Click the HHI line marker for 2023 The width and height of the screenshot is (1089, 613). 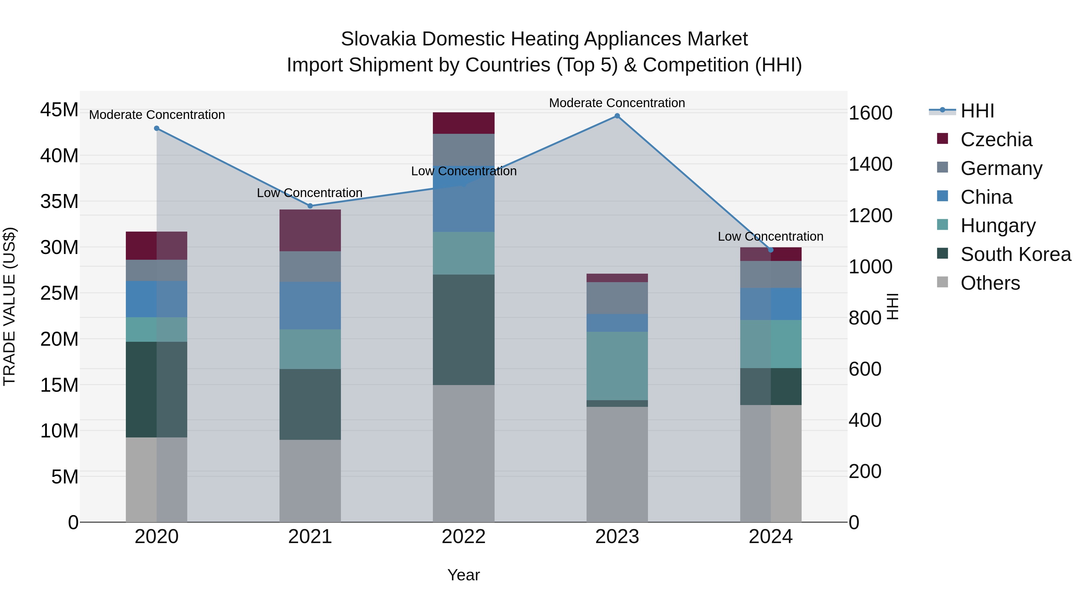coord(617,116)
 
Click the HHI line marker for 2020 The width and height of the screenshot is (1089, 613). coord(157,128)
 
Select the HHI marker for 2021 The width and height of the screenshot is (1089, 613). coord(310,206)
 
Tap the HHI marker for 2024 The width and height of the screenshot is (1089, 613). coord(771,250)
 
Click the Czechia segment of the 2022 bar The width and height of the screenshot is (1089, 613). coord(463,123)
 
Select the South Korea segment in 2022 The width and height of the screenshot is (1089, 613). coord(463,330)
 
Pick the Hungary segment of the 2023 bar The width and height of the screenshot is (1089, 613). coord(617,366)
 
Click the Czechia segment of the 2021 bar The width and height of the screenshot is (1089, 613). coord(310,231)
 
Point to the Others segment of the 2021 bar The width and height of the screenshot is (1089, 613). coord(310,481)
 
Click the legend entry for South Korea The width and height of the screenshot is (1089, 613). coord(1015,254)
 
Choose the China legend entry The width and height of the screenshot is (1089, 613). coord(986,197)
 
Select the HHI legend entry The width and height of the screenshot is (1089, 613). coord(977,111)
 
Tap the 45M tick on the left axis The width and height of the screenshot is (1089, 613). coord(59,110)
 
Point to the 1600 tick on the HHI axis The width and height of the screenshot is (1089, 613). coord(870,114)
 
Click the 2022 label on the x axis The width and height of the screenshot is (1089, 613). coord(463,537)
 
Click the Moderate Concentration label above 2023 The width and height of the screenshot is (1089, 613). coord(617,103)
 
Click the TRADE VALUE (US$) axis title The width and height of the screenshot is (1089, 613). coord(10,306)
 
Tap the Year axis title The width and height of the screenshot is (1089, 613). coord(463,575)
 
